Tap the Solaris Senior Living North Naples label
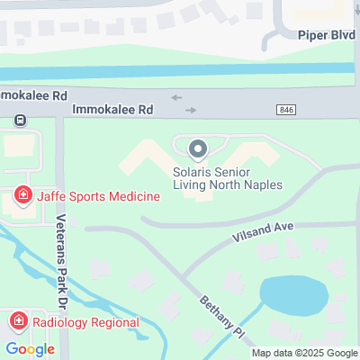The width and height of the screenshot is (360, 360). pos(228,177)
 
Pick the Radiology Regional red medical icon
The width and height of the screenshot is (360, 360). pos(17,321)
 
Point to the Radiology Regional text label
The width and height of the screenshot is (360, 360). pos(85,321)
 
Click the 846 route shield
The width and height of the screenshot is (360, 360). pos(285,109)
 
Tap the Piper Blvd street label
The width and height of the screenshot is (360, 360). pos(324,35)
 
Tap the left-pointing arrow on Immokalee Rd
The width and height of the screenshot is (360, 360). pos(175,97)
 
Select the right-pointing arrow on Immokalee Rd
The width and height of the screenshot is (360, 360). pos(190,110)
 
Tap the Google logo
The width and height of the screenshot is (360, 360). pos(30,348)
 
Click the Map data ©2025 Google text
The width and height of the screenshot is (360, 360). pos(304,353)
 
